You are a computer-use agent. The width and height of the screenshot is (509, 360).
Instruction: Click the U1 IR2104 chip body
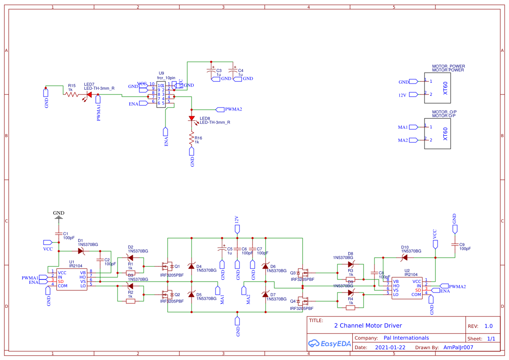(71, 279)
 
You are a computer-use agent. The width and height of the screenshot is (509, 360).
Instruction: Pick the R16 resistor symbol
(191, 138)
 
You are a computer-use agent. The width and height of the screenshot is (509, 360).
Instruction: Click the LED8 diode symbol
(191, 118)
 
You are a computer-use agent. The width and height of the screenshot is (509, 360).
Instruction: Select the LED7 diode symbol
(89, 94)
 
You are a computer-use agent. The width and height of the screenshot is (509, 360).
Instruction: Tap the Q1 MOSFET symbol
(166, 266)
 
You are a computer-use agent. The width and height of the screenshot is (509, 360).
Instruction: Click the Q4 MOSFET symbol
(303, 301)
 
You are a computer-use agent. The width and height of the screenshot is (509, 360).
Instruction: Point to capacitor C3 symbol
(212, 71)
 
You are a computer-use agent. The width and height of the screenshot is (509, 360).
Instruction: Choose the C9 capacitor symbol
(455, 245)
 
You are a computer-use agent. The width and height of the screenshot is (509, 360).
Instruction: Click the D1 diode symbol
(81, 251)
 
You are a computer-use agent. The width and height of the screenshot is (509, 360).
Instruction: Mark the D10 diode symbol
(405, 257)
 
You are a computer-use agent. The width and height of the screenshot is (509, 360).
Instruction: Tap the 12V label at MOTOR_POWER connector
(403, 95)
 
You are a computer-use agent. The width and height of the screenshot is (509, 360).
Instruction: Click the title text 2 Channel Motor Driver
(368, 326)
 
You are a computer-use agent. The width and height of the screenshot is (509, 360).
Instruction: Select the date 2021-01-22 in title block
(390, 347)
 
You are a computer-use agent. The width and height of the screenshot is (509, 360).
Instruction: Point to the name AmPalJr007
(458, 347)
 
